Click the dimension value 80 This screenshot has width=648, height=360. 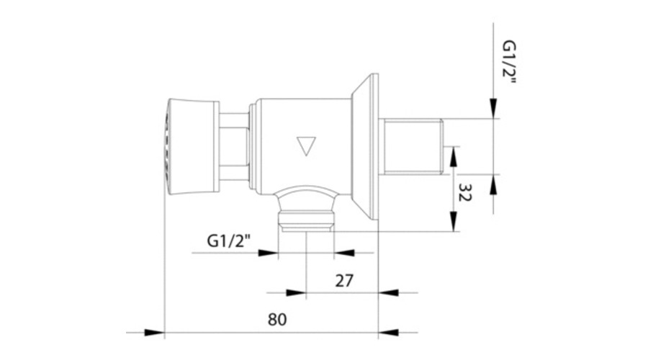pos(277,320)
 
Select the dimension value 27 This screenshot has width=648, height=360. pos(344,281)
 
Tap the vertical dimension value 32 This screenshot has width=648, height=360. pos(465,192)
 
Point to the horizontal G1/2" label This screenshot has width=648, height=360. pos(228,240)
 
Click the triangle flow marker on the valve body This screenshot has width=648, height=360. pos(306,146)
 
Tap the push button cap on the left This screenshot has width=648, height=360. pos(192,146)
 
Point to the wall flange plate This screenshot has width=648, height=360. pos(365,146)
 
